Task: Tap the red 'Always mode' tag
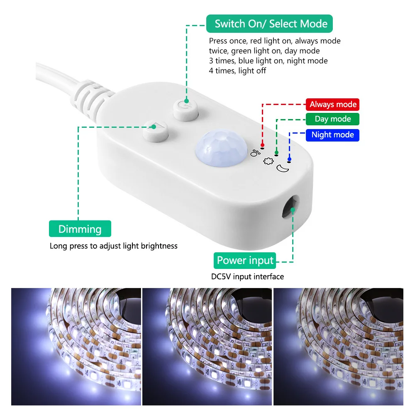pyautogui.click(x=332, y=105)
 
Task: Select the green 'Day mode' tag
pyautogui.click(x=332, y=119)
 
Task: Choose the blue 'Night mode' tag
pyautogui.click(x=332, y=134)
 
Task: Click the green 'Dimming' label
pyautogui.click(x=80, y=229)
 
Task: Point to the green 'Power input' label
pyautogui.click(x=245, y=261)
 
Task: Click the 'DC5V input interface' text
pyautogui.click(x=247, y=276)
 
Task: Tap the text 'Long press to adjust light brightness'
pyautogui.click(x=113, y=246)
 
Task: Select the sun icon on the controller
pyautogui.click(x=267, y=160)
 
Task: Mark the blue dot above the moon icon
pyautogui.click(x=289, y=159)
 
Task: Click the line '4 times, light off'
pyautogui.click(x=237, y=71)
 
